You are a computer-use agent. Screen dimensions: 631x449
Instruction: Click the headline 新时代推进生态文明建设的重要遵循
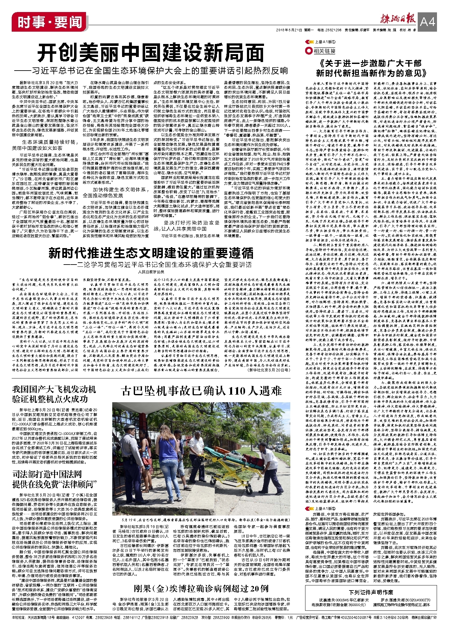pyautogui.click(x=151, y=253)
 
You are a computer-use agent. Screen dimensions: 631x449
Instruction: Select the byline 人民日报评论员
pyautogui.click(x=151, y=272)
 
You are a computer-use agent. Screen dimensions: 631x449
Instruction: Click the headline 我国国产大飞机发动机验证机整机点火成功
pyautogui.click(x=54, y=394)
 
